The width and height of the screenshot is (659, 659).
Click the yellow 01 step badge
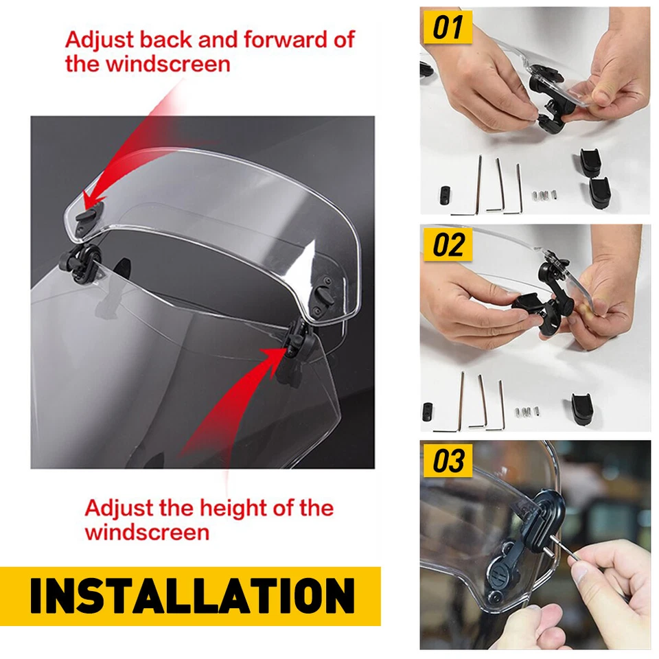coord(448,28)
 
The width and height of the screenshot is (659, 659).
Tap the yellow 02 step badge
coord(448,245)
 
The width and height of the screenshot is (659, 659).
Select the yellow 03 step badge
coord(448,461)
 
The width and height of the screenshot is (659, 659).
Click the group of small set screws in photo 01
coord(544,196)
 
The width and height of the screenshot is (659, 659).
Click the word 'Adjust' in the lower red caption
coord(118,509)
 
